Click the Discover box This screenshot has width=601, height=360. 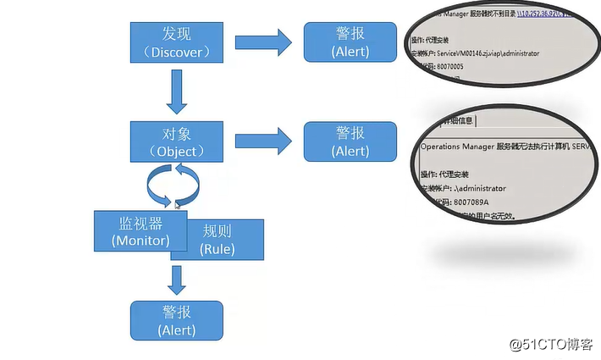176,42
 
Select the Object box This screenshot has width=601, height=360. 176,141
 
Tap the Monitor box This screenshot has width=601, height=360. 140,230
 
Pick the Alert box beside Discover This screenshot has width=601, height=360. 350,42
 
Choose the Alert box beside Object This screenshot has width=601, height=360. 350,141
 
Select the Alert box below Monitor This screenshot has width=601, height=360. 176,320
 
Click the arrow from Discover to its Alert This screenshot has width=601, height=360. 262,43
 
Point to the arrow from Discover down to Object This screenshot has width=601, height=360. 176,91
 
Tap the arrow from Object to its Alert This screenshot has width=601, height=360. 262,141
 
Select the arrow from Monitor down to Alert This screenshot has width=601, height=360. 176,280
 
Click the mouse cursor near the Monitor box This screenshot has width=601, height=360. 178,204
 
